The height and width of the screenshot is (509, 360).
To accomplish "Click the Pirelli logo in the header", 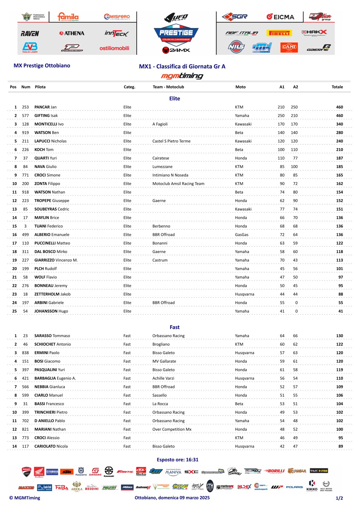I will click(279, 33).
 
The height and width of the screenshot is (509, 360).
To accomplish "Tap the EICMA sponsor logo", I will click(280, 17).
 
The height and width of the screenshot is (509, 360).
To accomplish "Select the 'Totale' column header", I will click(337, 87).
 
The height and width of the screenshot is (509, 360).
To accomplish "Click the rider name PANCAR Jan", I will click(45, 107).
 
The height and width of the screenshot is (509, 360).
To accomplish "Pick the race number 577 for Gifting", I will click(25, 116).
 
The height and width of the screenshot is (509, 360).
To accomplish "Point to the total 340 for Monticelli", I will click(339, 124).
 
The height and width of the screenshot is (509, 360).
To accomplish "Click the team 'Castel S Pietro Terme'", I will click(171, 141).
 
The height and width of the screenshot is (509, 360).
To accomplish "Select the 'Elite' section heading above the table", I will click(175, 99).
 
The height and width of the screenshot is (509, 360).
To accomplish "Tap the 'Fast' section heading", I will click(175, 327).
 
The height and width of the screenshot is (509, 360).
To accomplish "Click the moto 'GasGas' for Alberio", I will click(241, 235).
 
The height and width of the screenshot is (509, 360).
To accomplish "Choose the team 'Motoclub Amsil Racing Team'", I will click(178, 184).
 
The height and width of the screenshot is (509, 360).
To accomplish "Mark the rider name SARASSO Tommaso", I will click(52, 336).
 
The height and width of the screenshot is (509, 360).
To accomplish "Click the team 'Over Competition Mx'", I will click(172, 429).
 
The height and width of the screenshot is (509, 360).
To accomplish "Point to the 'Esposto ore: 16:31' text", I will click(178, 460).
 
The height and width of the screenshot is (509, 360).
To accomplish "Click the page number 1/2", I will click(339, 498).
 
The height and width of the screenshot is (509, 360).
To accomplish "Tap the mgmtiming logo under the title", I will click(182, 76).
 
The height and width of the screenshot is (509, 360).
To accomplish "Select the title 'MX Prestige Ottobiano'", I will click(42, 66).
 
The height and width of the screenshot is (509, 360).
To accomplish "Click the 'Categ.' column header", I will click(129, 87).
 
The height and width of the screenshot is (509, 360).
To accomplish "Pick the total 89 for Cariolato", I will click(341, 446).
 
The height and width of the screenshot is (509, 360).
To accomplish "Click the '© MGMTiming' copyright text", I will click(25, 498).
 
